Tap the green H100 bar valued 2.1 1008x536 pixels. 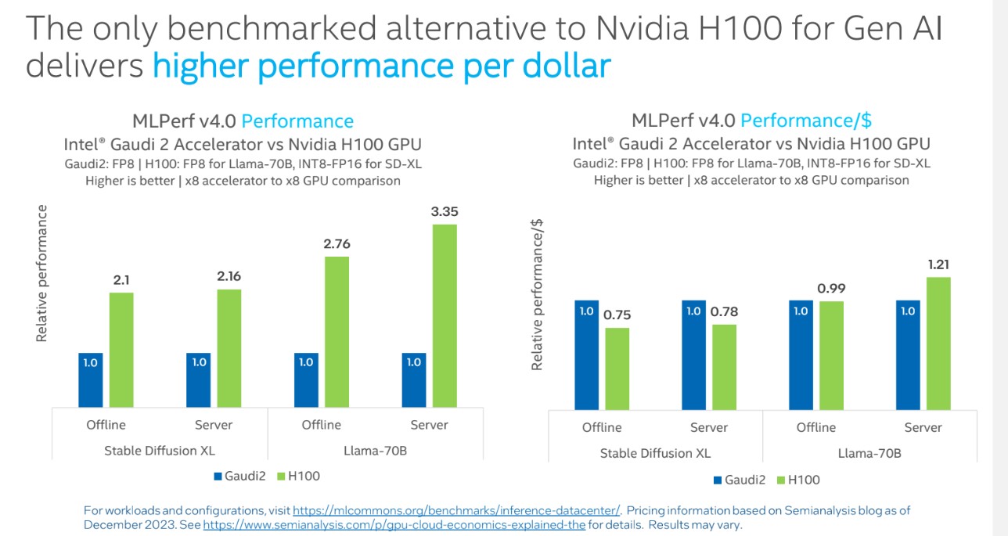(x=121, y=349)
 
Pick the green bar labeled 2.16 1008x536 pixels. (x=229, y=347)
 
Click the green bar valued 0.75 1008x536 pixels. (x=617, y=368)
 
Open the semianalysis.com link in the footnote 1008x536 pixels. (x=394, y=525)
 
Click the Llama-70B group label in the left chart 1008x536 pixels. (x=375, y=451)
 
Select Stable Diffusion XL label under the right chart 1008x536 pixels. (x=655, y=454)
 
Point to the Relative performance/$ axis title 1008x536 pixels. (x=538, y=295)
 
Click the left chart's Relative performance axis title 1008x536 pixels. (x=42, y=273)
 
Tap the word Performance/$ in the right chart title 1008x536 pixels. (x=806, y=121)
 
